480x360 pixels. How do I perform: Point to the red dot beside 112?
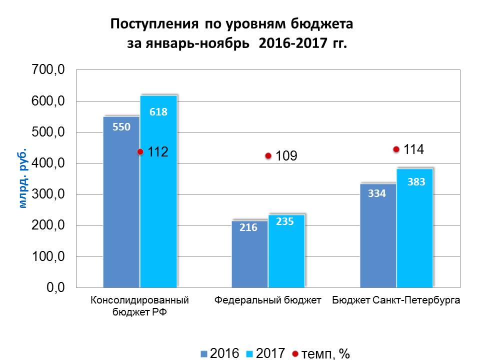click(140, 152)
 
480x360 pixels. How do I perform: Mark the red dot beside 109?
click(268, 156)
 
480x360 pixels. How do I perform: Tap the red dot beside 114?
click(396, 149)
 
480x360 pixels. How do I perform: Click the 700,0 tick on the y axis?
click(48, 70)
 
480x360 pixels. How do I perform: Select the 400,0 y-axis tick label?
click(48, 163)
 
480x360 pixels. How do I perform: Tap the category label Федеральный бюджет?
click(267, 301)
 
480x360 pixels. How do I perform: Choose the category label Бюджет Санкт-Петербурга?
click(395, 301)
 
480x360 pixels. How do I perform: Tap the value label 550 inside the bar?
click(121, 127)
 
